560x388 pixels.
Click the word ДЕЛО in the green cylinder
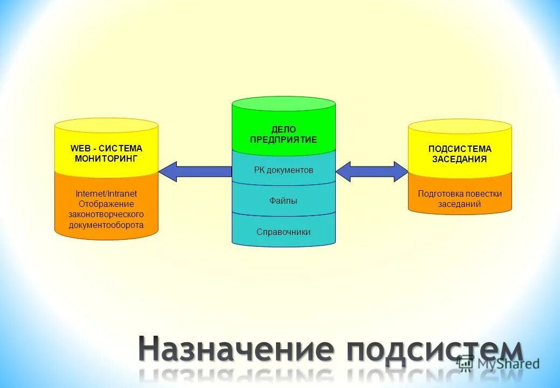click(x=284, y=129)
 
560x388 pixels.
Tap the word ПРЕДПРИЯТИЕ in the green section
click(x=284, y=140)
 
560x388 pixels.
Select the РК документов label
click(x=284, y=170)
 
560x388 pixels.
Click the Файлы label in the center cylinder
click(x=284, y=201)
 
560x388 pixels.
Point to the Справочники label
click(x=284, y=232)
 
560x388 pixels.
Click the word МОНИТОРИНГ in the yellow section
click(x=106, y=158)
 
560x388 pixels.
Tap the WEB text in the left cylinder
click(x=80, y=148)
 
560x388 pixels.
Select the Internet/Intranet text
click(x=106, y=193)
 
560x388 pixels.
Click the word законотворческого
click(x=106, y=214)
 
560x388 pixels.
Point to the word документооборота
click(x=106, y=225)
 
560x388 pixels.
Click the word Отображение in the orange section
click(x=106, y=204)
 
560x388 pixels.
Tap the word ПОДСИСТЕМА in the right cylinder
click(x=460, y=149)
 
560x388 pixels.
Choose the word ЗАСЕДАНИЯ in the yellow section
click(x=460, y=159)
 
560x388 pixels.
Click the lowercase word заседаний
click(x=460, y=204)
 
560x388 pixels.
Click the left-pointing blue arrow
click(x=194, y=171)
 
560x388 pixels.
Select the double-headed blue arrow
click(x=372, y=171)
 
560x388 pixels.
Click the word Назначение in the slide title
click(x=235, y=349)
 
